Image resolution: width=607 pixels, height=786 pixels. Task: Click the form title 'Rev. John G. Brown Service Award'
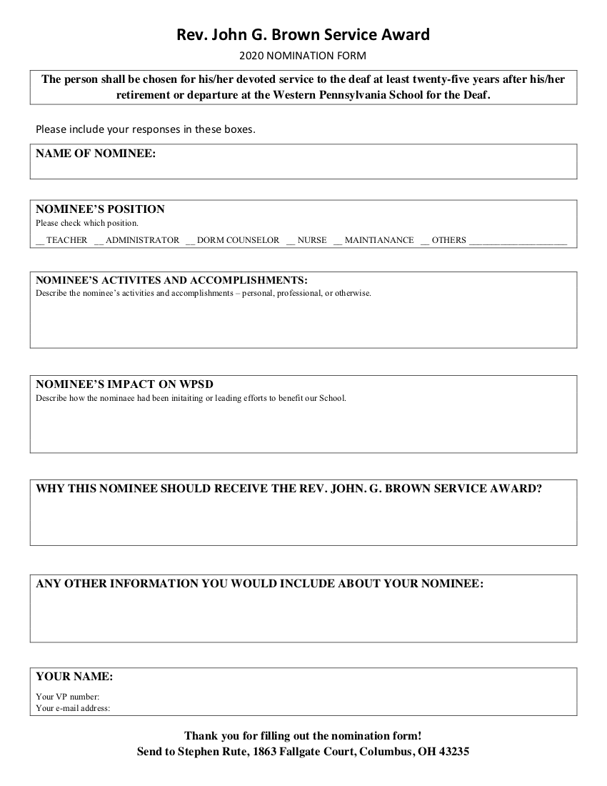303,34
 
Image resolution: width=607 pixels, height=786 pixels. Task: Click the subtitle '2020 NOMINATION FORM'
303,55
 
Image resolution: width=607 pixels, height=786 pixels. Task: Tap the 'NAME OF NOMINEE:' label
96,154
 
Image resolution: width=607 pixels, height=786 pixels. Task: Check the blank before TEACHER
39,242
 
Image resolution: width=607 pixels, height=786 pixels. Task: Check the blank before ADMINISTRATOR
98,242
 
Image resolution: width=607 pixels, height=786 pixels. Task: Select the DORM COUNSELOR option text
238,240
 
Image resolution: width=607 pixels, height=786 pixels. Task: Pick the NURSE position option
312,240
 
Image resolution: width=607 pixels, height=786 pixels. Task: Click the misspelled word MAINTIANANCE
379,240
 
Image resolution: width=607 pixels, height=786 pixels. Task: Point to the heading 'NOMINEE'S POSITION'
100,209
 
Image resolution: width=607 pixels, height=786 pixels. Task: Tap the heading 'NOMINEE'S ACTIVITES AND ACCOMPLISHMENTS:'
171,279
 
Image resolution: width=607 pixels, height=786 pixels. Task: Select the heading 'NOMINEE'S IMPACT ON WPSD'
124,384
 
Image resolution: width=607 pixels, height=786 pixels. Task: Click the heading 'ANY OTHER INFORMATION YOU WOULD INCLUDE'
260,584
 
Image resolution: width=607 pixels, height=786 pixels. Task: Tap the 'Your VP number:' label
68,697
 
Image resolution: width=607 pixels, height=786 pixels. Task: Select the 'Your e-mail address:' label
73,708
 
